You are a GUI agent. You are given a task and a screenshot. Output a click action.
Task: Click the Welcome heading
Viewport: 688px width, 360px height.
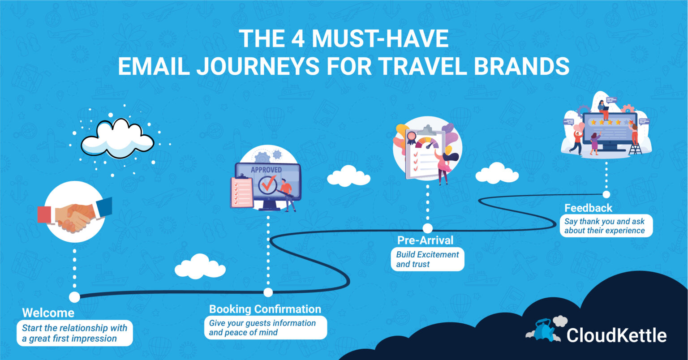click(48, 312)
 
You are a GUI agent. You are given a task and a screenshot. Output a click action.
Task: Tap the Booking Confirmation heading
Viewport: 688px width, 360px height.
click(265, 309)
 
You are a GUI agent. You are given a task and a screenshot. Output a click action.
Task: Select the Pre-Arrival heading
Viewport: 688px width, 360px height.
click(425, 240)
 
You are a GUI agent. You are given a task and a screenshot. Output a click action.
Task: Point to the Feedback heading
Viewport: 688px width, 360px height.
click(588, 208)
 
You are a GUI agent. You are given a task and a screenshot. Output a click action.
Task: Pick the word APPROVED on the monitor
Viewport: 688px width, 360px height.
click(266, 170)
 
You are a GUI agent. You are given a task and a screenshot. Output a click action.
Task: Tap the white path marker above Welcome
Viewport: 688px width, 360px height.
click(75, 297)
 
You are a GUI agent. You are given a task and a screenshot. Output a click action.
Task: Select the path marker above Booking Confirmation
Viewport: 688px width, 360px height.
click(268, 292)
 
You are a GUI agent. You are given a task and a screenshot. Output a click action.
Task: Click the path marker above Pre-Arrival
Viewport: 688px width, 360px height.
click(427, 228)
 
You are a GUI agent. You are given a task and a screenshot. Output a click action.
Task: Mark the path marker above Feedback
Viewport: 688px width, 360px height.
click(606, 194)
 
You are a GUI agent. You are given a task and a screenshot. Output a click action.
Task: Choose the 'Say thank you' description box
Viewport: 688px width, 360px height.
click(606, 226)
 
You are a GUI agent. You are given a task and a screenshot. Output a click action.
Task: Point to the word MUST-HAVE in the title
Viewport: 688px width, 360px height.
click(380, 39)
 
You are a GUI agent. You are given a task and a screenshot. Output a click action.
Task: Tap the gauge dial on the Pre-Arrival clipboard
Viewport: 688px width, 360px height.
click(427, 143)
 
